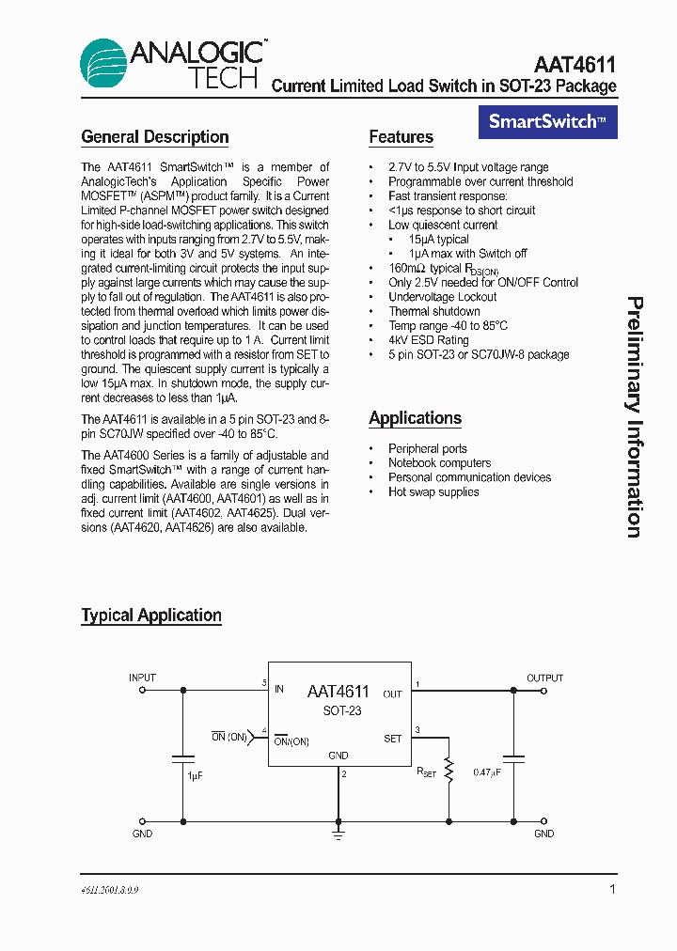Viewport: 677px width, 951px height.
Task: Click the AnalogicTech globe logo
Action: tap(103, 63)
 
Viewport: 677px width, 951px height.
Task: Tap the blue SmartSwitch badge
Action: tap(548, 121)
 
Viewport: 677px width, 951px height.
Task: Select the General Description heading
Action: tap(155, 137)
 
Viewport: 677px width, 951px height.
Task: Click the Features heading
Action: tap(401, 137)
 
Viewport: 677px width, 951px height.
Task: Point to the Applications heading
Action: tap(415, 418)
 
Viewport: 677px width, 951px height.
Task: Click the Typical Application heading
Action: tap(151, 616)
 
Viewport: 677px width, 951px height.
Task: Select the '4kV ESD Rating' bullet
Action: tap(428, 340)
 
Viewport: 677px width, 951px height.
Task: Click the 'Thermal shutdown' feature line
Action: tap(433, 311)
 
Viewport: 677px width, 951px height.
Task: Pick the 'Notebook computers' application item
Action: tap(439, 463)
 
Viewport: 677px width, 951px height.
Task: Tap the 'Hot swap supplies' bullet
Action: tap(433, 492)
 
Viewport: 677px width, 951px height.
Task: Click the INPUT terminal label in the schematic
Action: tap(143, 678)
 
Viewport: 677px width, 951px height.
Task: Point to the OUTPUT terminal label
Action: tap(544, 678)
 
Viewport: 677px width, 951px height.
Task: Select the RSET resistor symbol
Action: tap(449, 771)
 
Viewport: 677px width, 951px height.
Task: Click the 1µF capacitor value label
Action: tap(195, 776)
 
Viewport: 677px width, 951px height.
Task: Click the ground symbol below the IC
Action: tap(338, 832)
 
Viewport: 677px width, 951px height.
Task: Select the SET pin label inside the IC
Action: tap(393, 739)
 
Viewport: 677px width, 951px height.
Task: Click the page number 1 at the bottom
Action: tap(612, 889)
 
